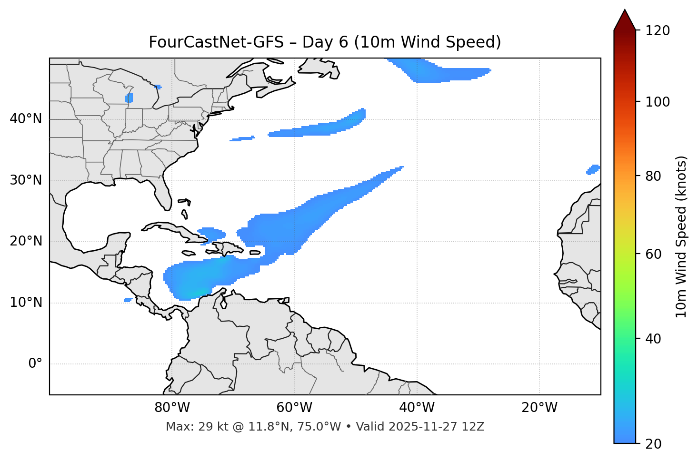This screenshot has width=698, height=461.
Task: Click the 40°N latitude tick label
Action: (x=26, y=119)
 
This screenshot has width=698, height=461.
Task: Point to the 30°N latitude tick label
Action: (x=26, y=180)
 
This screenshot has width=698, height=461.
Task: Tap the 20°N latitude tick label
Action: (x=26, y=241)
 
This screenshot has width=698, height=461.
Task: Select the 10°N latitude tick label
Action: (x=26, y=303)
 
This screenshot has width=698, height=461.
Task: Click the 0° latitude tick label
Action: (x=35, y=364)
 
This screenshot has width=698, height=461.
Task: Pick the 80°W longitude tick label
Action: (x=172, y=408)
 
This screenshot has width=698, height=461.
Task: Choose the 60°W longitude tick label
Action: (x=294, y=408)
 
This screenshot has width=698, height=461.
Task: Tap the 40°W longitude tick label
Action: (x=417, y=408)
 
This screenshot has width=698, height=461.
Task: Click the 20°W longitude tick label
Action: (x=539, y=408)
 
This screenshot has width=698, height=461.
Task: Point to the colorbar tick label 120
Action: (x=658, y=31)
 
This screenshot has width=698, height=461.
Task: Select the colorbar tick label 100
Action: (x=658, y=102)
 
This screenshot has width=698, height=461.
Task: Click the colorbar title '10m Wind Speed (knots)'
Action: (x=681, y=237)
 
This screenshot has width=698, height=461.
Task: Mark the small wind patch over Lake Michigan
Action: (x=129, y=98)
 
